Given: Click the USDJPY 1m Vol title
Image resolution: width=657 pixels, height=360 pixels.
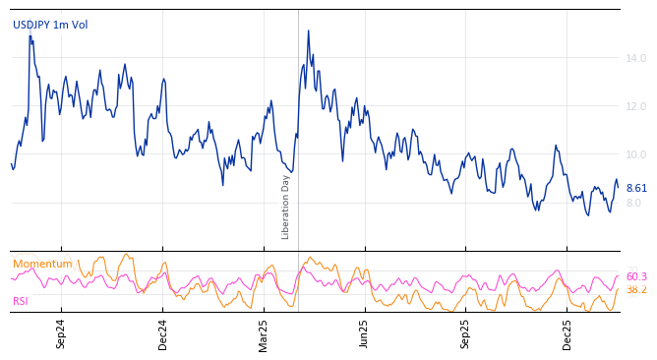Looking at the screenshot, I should click(x=50, y=25).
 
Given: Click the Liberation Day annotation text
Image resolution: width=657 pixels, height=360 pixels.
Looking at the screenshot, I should click(x=286, y=207).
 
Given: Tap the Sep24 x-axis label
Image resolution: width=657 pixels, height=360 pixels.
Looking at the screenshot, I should click(x=61, y=333).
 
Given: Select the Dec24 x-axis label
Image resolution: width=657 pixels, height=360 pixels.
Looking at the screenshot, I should click(x=163, y=333).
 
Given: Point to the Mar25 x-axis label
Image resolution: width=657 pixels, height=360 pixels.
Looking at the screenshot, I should click(x=264, y=333).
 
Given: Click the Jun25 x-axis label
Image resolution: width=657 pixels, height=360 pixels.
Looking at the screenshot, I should click(x=364, y=333).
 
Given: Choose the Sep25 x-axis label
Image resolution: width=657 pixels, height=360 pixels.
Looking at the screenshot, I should click(x=465, y=333).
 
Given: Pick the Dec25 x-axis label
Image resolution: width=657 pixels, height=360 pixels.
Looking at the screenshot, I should click(x=567, y=333).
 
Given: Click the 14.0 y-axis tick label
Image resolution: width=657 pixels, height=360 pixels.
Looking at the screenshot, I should click(x=636, y=58).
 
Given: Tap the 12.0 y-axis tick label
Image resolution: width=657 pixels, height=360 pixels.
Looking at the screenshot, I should click(x=636, y=106).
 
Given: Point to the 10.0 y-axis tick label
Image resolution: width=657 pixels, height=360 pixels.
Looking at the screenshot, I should click(x=636, y=154).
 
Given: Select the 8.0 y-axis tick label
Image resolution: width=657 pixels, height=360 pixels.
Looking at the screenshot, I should click(x=634, y=203).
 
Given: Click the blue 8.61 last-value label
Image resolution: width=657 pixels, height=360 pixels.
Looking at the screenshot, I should click(x=636, y=188).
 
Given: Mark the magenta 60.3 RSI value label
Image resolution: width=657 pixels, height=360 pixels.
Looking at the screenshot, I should click(x=636, y=276).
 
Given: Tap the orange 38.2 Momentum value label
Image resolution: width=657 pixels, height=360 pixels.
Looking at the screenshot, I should click(x=636, y=290).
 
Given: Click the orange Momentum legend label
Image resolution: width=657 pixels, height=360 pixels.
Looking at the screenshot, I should click(x=42, y=264).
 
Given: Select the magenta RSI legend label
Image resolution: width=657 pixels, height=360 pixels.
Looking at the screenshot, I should click(x=21, y=301).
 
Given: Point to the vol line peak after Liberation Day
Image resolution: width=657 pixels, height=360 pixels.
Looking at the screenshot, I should click(x=308, y=30).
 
